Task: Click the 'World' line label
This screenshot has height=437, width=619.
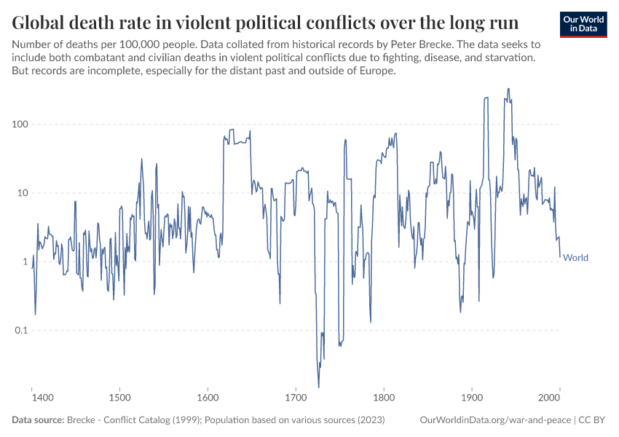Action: point(575,258)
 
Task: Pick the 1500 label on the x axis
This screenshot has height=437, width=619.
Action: point(120,398)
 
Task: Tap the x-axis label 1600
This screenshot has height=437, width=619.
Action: point(208,398)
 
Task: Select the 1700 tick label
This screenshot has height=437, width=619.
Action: point(296,398)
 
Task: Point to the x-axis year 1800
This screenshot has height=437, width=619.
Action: point(384,398)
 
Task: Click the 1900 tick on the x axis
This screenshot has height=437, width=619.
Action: point(472,398)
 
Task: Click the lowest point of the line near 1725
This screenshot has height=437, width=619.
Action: point(318,387)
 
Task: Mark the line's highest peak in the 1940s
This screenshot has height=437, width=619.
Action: point(508,89)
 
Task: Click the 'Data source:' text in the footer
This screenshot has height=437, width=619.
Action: point(38,420)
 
